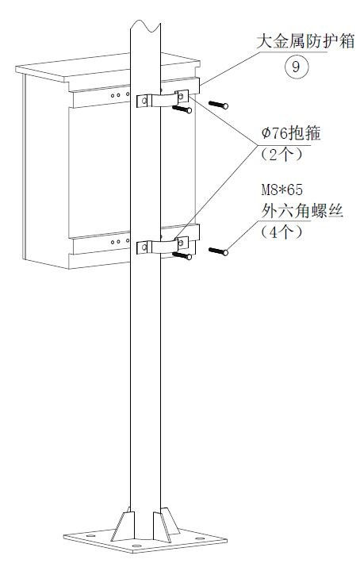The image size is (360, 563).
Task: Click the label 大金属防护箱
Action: pyautogui.click(x=305, y=41)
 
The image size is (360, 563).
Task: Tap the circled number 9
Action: pyautogui.click(x=296, y=67)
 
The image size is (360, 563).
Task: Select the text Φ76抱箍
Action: pyautogui.click(x=291, y=133)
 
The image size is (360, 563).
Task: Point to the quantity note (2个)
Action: pyautogui.click(x=281, y=155)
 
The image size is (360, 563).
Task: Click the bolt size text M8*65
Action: pyautogui.click(x=281, y=190)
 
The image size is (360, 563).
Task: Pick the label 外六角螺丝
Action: pyautogui.click(x=302, y=211)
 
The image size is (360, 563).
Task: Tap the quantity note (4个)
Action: pyautogui.click(x=281, y=232)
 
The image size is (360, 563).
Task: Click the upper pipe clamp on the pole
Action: pyautogui.click(x=163, y=100)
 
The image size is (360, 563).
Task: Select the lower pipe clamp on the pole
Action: pyautogui.click(x=163, y=247)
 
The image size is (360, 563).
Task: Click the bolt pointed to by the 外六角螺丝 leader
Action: pyautogui.click(x=218, y=251)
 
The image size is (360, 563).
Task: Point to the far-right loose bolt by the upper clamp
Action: pyautogui.click(x=218, y=105)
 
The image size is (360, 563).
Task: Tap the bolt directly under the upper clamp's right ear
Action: pyautogui.click(x=182, y=109)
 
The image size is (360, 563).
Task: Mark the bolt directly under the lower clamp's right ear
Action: pyautogui.click(x=182, y=255)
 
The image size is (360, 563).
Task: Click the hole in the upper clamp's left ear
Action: pyautogui.click(x=144, y=101)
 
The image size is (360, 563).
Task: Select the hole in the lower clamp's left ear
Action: pyautogui.click(x=144, y=247)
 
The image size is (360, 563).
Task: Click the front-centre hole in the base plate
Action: pyautogui.click(x=136, y=546)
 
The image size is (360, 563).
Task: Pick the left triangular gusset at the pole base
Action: pyautogui.click(x=123, y=525)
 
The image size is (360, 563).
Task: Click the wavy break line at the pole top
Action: pyautogui.click(x=145, y=25)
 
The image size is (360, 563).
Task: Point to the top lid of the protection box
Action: pyautogui.click(x=108, y=68)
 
